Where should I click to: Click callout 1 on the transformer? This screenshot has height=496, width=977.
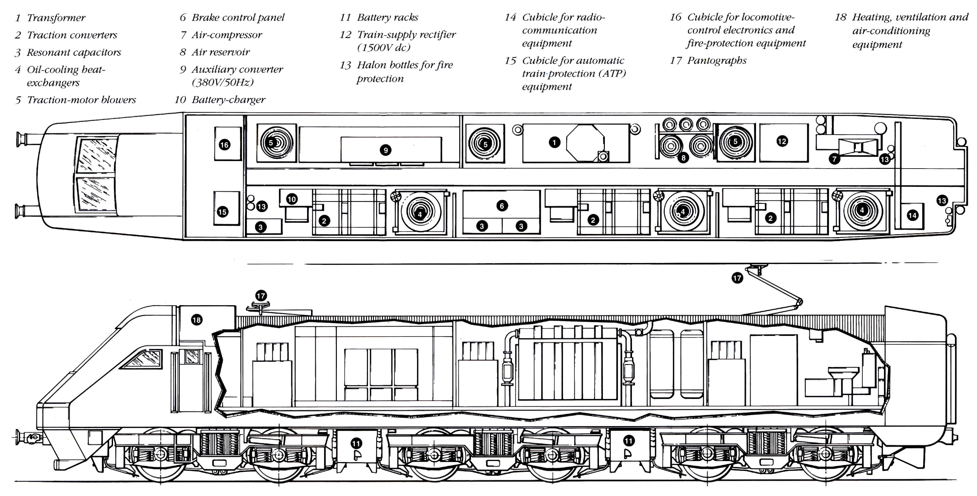click(x=554, y=142)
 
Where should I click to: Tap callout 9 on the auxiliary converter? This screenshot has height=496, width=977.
click(x=385, y=150)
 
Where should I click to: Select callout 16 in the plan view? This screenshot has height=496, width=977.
click(x=224, y=145)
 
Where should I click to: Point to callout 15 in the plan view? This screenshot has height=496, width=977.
click(x=223, y=212)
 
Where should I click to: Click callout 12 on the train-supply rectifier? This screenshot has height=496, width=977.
click(x=782, y=141)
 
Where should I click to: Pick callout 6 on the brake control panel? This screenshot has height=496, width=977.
click(x=502, y=206)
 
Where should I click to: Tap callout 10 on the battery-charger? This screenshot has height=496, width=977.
click(x=291, y=199)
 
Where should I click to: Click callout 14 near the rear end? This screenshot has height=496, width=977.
click(x=912, y=215)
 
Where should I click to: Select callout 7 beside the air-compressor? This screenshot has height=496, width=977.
click(x=834, y=159)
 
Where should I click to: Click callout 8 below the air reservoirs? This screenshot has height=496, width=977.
click(x=683, y=158)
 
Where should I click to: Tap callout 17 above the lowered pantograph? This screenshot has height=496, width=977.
click(x=261, y=295)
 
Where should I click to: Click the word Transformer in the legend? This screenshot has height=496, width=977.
click(x=56, y=18)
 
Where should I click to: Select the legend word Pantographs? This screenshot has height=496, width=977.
click(x=717, y=61)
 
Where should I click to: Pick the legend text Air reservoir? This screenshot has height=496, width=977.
click(x=220, y=52)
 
